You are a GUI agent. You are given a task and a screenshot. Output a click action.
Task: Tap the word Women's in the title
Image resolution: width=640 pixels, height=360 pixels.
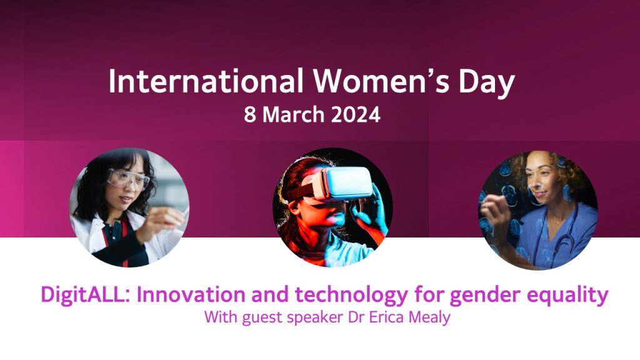pos(381,81)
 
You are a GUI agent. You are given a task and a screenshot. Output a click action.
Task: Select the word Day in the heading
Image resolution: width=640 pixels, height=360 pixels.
pos(486,84)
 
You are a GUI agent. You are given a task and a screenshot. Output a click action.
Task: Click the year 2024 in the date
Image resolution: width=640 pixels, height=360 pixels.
pos(356,115)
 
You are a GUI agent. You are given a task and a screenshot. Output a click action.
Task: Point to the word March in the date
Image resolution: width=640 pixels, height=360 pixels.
pos(294,115)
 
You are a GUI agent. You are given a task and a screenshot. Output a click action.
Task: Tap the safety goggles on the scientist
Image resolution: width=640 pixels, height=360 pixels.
pos(127,179)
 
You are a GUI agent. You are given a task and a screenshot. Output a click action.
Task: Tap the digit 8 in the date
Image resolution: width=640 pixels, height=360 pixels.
pos(250,115)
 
